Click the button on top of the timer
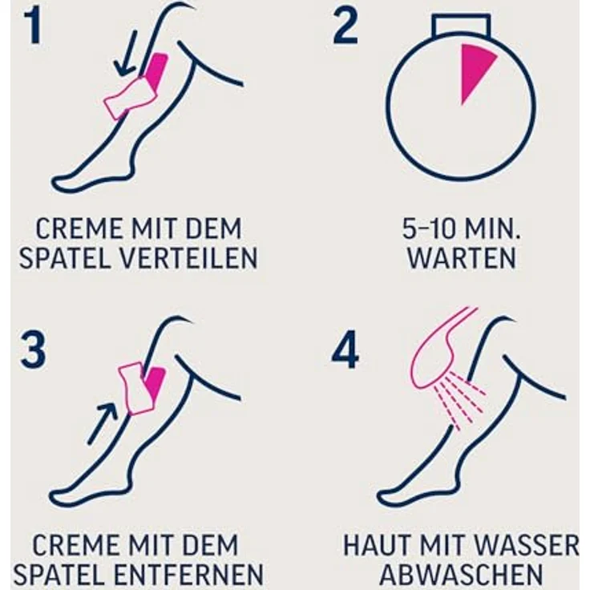[x=460, y=27]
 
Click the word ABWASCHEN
[x=460, y=574]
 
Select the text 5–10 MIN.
[x=460, y=229]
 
